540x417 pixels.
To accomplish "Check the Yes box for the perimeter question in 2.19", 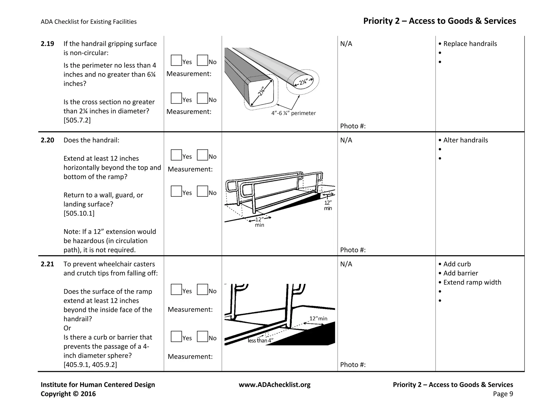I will click(176, 60).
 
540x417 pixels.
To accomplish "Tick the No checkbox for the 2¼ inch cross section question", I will click(202, 98).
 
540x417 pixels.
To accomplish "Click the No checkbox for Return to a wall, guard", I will click(202, 191).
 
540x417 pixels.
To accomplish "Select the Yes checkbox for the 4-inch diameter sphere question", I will click(176, 337).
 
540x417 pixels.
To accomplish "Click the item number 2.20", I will click(47, 140).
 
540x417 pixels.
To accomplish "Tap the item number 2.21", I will click(47, 264).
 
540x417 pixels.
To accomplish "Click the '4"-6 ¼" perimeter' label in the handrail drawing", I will click(293, 113).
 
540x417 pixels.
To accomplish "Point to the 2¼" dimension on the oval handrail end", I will click(303, 82).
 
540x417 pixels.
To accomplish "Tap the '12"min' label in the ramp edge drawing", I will click(318, 319).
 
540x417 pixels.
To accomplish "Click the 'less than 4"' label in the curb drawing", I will click(260, 341).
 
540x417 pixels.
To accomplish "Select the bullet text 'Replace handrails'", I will click(470, 44).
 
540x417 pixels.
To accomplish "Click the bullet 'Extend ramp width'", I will click(472, 282).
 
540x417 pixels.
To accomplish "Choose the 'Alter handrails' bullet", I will click(465, 140).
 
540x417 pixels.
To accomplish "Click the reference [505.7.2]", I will click(77, 120).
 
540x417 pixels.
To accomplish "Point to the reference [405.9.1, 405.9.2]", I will click(90, 365).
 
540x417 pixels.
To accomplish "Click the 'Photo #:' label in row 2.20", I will click(353, 250).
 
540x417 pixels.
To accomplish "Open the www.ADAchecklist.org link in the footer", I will click(274, 385).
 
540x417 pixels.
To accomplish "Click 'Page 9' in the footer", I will click(503, 394).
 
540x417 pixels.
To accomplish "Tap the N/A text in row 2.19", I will click(346, 44).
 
